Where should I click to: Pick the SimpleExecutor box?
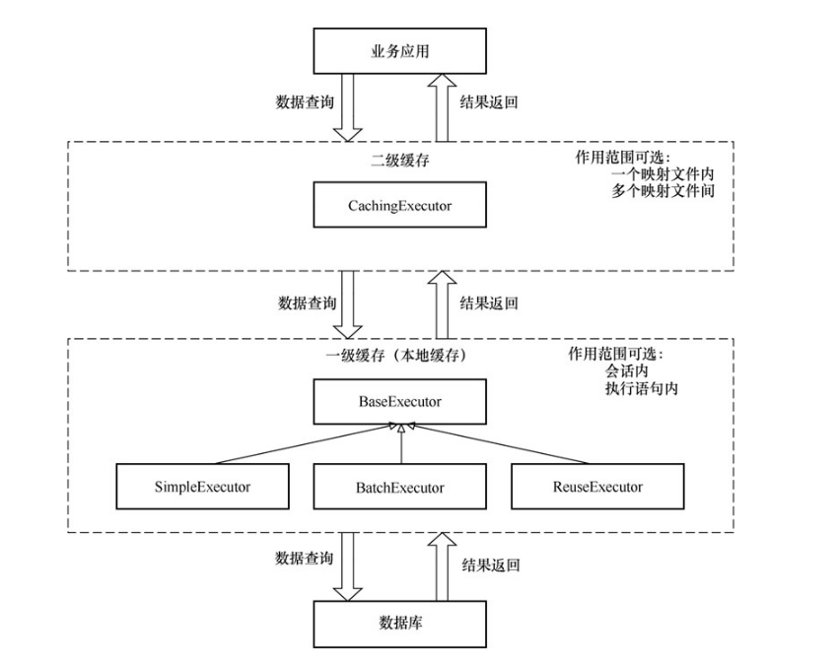pos(202,487)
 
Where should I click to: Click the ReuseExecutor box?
pos(597,487)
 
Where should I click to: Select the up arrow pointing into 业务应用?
pos(440,108)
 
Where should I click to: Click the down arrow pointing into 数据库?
pos(351,566)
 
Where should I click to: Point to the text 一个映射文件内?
pos(662,174)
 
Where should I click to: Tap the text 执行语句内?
pos(642,388)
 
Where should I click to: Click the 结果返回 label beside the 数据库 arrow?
pos(490,566)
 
